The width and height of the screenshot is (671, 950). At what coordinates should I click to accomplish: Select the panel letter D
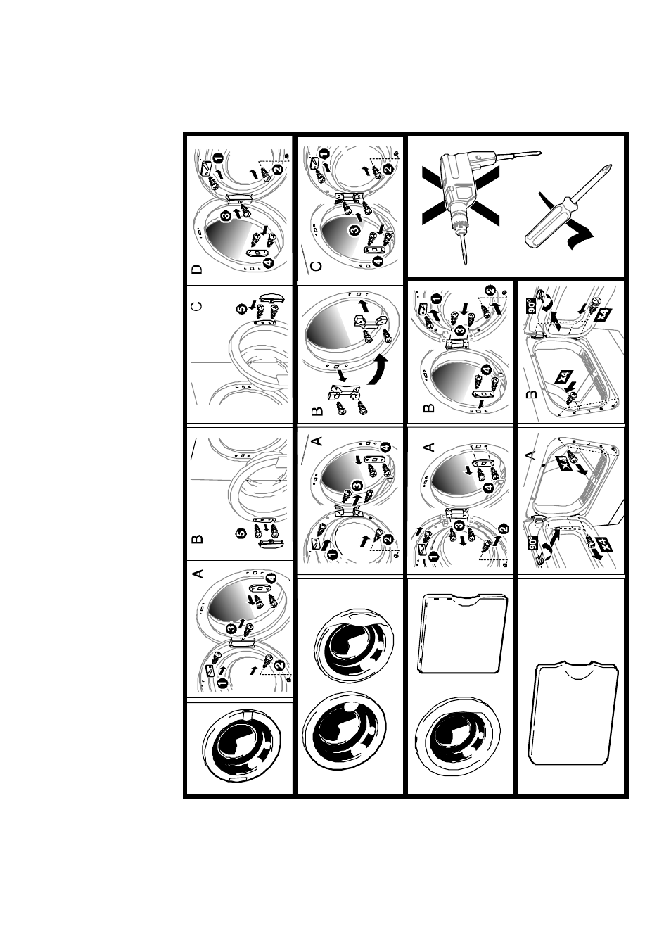(197, 269)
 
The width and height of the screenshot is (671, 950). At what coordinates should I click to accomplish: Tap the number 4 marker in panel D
(268, 263)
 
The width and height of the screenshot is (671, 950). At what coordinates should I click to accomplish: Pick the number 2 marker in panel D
(277, 170)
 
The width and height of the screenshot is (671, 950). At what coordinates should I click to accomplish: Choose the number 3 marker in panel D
(226, 217)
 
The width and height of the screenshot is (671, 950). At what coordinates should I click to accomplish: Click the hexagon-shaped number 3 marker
(461, 330)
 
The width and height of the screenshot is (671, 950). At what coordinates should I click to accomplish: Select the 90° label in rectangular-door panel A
(533, 543)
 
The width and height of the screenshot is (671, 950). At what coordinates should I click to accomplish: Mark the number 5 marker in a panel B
(241, 533)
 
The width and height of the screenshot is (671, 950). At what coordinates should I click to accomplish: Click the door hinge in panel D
(240, 196)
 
